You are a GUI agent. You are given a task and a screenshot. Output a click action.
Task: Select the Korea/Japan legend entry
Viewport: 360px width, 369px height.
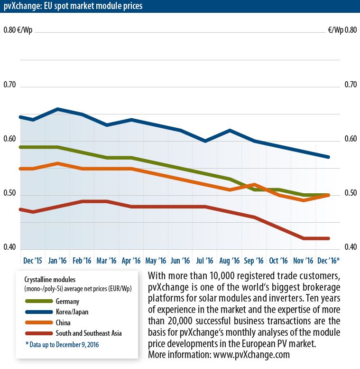pos(72,312)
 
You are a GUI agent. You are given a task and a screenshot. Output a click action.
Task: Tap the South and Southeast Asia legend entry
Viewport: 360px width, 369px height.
pos(88,333)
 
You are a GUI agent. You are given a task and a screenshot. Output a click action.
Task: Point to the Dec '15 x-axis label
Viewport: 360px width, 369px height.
pos(33,260)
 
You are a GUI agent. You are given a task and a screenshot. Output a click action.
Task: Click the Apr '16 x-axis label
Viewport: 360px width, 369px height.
pos(131,260)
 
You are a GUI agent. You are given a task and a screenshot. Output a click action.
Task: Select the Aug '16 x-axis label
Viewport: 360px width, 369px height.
pos(230,260)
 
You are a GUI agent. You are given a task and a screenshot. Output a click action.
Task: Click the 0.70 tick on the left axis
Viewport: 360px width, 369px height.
pos(10,85)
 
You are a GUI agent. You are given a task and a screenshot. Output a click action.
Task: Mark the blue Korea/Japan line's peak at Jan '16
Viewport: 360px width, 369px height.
pos(57,109)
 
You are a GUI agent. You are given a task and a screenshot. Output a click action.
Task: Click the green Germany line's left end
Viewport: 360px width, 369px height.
pos(21,147)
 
